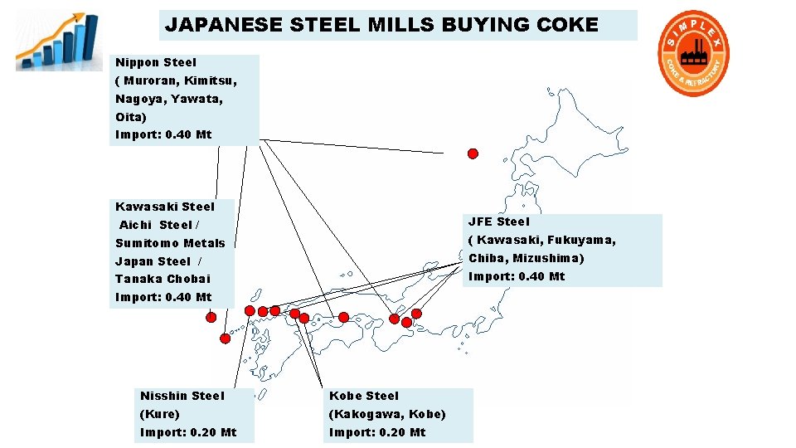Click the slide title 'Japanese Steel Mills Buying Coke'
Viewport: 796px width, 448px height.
tap(381, 25)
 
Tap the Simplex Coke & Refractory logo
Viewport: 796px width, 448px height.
tap(693, 53)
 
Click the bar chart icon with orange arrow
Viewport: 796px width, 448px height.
tap(51, 41)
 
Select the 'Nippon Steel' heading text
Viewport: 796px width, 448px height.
tap(156, 62)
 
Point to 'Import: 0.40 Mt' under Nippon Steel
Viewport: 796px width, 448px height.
tap(163, 134)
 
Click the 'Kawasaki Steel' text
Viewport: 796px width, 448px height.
tap(165, 207)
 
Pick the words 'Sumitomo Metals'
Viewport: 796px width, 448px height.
tap(170, 243)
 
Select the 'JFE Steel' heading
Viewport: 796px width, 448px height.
tap(498, 222)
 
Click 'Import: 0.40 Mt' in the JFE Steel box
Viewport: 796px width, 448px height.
tap(517, 276)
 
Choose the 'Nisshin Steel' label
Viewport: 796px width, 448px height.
tap(182, 396)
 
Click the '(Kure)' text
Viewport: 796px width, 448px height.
tap(160, 414)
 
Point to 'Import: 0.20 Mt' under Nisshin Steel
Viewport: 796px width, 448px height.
tap(188, 432)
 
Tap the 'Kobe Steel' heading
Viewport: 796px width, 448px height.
tap(364, 396)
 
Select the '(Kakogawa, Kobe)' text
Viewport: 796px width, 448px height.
tap(387, 414)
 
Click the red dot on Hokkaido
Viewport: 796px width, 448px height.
tap(473, 153)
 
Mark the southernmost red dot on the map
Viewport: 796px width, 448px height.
tap(225, 338)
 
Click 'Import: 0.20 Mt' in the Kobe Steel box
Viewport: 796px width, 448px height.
tap(377, 432)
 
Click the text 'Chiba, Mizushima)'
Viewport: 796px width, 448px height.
tap(527, 258)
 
